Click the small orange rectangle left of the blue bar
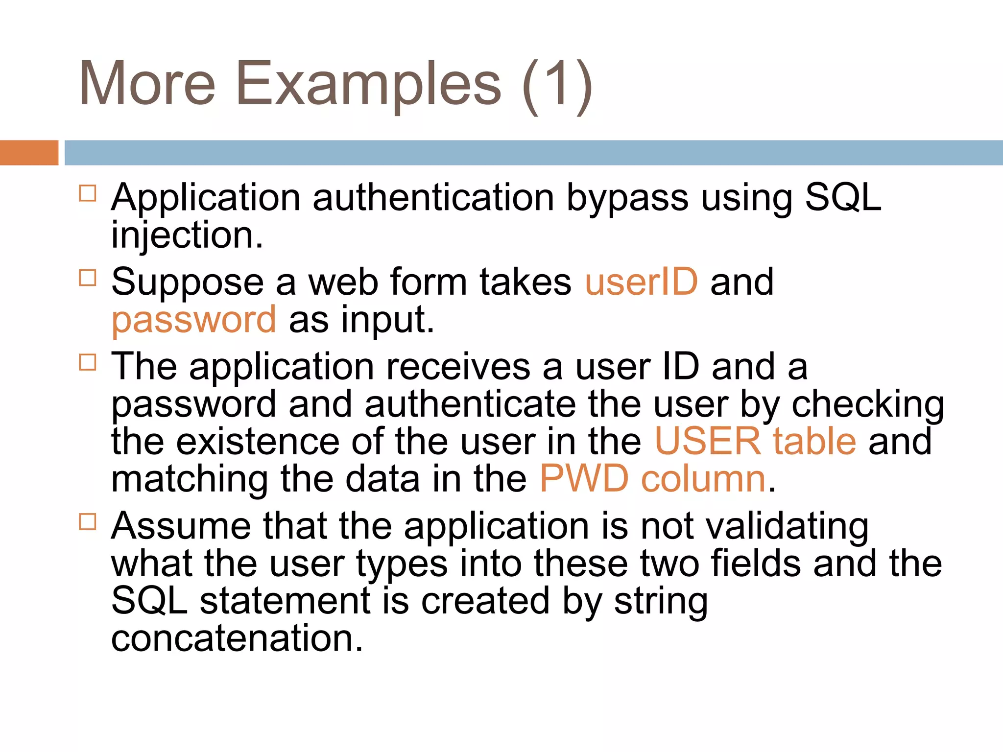pos(29,153)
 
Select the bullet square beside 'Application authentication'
pos(88,193)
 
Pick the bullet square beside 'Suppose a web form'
pos(88,278)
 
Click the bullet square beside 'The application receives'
pos(88,362)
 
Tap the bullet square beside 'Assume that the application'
pos(88,521)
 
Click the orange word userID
pos(641,282)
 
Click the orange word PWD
pos(584,479)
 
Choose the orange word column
pos(703,479)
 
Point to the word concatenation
pos(237,638)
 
